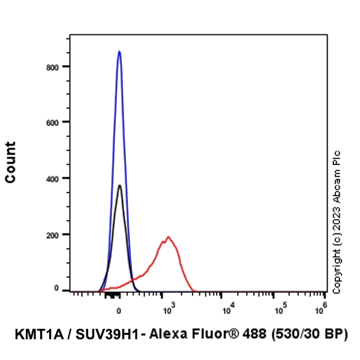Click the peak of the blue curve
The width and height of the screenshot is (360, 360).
point(119,52)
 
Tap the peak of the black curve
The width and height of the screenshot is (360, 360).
point(119,185)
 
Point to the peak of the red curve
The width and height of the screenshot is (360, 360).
point(168,237)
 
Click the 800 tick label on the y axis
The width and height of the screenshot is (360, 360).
point(56,67)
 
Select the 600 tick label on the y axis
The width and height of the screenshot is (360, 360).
point(56,122)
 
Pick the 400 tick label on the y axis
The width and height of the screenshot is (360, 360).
point(56,178)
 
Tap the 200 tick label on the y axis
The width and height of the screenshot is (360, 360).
point(56,234)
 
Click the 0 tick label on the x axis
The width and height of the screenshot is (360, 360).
point(119,311)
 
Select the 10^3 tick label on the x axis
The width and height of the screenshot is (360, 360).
point(167,310)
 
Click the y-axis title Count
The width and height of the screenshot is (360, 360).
point(11,162)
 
